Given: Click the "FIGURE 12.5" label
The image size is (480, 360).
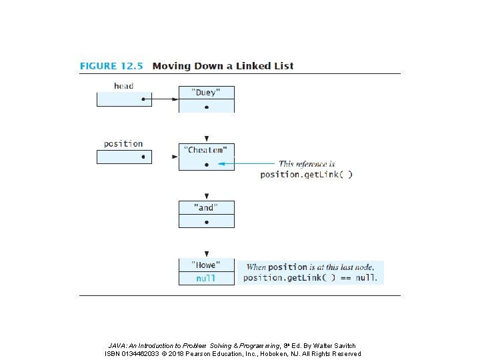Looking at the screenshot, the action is click(x=111, y=66).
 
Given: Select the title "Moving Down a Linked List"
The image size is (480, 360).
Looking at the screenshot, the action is click(x=223, y=66).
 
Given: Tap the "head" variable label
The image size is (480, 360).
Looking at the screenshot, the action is click(x=124, y=86).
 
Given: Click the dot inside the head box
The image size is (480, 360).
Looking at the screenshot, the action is click(x=143, y=99).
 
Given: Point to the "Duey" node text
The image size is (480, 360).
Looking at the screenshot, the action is click(x=206, y=93).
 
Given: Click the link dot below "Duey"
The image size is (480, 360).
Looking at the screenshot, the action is click(x=207, y=107).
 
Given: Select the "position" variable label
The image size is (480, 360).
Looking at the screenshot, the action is click(x=123, y=143).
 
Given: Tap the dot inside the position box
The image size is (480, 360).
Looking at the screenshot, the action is click(x=143, y=157).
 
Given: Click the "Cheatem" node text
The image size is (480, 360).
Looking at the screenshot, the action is click(x=205, y=150).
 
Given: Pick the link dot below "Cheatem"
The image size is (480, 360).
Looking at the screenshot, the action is click(x=207, y=165).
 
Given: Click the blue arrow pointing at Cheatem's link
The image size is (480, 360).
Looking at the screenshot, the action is click(x=246, y=164).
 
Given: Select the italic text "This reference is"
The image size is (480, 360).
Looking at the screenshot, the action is click(x=307, y=164).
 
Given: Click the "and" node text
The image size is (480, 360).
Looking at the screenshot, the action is click(x=206, y=207).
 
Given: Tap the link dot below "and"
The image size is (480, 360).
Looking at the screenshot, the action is click(x=207, y=222).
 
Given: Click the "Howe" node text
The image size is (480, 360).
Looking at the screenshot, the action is click(x=206, y=265).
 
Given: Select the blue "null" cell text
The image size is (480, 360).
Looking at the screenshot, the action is click(x=206, y=278).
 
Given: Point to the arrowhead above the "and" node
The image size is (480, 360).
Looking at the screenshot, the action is click(x=207, y=196).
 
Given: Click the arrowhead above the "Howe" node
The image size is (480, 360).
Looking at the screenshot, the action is click(x=207, y=254).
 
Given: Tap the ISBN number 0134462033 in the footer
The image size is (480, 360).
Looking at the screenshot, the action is click(x=140, y=354).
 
